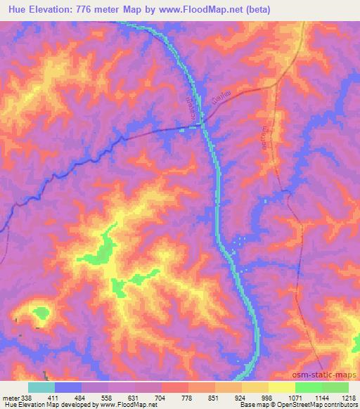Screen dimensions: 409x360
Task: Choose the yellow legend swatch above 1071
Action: [281, 387]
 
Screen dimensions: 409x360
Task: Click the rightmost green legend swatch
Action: [335, 387]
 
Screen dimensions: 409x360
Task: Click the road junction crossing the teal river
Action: [202, 124]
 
